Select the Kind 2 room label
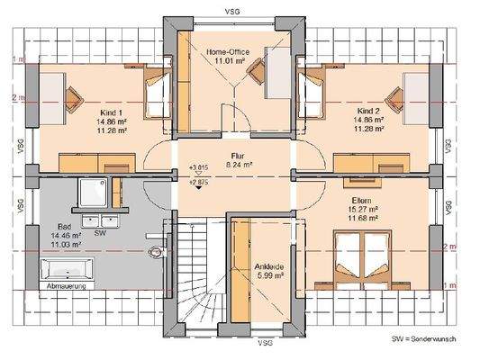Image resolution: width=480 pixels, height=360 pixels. [x=367, y=113]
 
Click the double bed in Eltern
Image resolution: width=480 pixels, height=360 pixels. [x=360, y=256]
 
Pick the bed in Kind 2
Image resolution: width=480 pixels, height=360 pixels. [x=321, y=92]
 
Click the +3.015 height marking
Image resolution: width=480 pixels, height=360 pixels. [x=198, y=167]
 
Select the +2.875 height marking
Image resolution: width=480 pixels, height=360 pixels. [x=198, y=182]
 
